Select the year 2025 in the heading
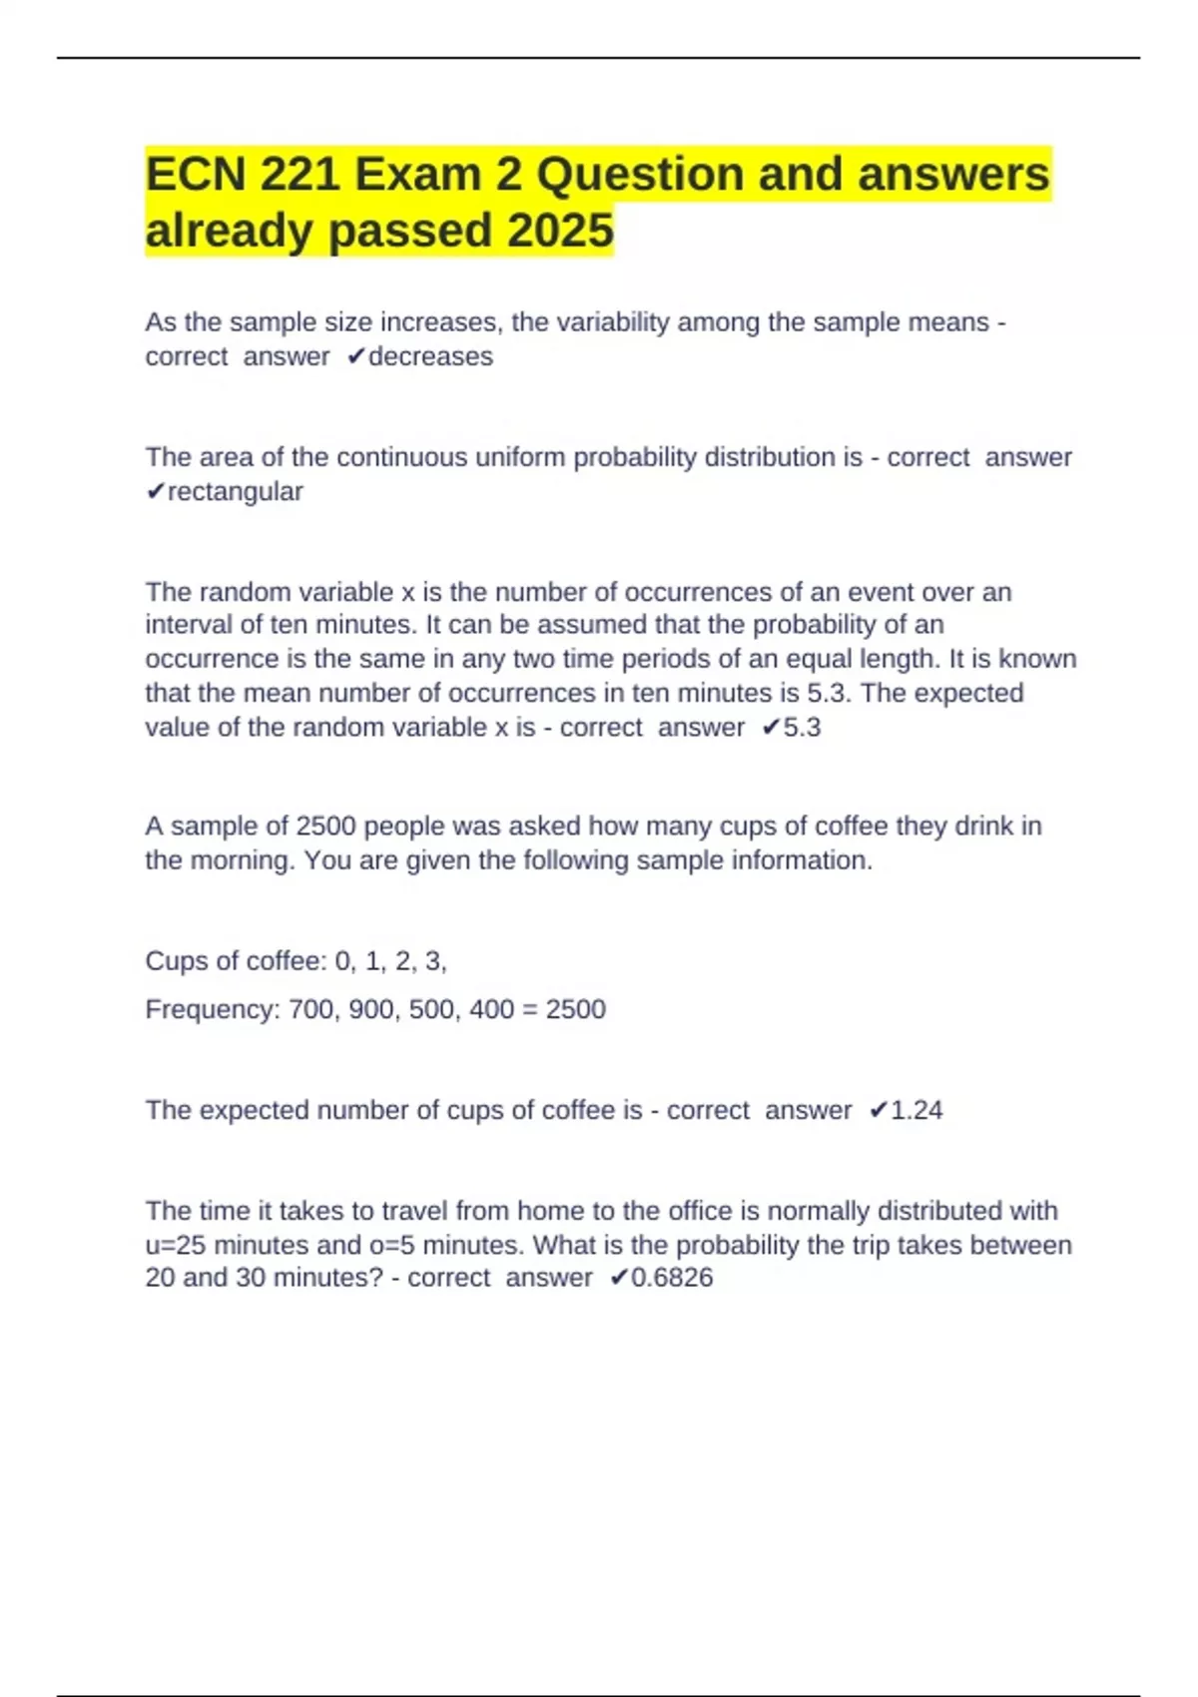pyautogui.click(x=560, y=231)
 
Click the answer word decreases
pyautogui.click(x=430, y=356)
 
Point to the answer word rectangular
pyautogui.click(x=236, y=491)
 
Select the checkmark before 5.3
pyautogui.click(x=770, y=728)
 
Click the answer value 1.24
pyautogui.click(x=915, y=1110)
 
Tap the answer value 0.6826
pyautogui.click(x=672, y=1278)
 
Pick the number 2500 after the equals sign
pyautogui.click(x=575, y=1009)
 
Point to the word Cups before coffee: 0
pyautogui.click(x=176, y=960)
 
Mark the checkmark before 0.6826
pyautogui.click(x=618, y=1278)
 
